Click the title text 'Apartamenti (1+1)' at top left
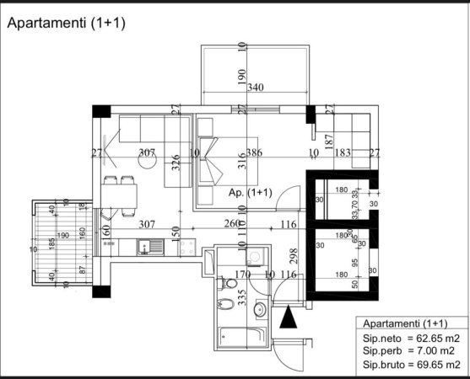(x=66, y=24)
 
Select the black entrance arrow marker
(x=289, y=318)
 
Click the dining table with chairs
(x=121, y=194)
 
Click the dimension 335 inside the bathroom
(x=243, y=299)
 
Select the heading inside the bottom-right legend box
(x=404, y=323)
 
